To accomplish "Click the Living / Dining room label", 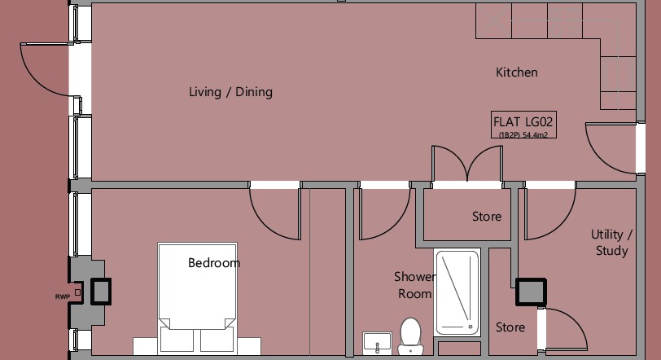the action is pos(230,92).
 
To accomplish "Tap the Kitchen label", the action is pos(516,72).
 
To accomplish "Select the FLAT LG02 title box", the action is pos(523,125).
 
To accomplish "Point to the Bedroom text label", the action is pos(214,262).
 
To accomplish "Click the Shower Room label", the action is pos(415,285).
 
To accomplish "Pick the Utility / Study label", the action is pos(611,243).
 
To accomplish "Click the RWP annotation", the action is pos(63,296).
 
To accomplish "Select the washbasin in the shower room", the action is pos(377,343).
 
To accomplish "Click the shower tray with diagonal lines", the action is pos(457,292).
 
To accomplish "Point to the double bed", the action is pos(197,298).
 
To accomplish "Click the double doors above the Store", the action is pos(467,165).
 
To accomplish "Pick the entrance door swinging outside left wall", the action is pos(38,80).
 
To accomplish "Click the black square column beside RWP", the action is pos(101,292).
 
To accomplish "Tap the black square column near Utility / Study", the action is pos(531,292).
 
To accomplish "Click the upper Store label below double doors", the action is pos(487,217).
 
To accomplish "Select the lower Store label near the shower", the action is pos(510,327).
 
